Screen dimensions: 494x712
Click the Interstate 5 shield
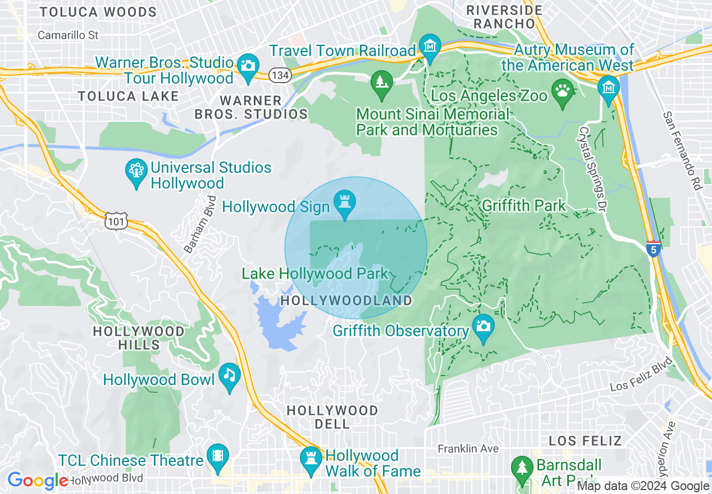tap(653, 249)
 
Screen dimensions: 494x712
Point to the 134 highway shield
tap(279, 74)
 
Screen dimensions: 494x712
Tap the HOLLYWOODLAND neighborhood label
tap(346, 301)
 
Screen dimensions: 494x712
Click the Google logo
tap(37, 481)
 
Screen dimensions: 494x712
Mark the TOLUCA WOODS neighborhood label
tap(98, 12)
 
